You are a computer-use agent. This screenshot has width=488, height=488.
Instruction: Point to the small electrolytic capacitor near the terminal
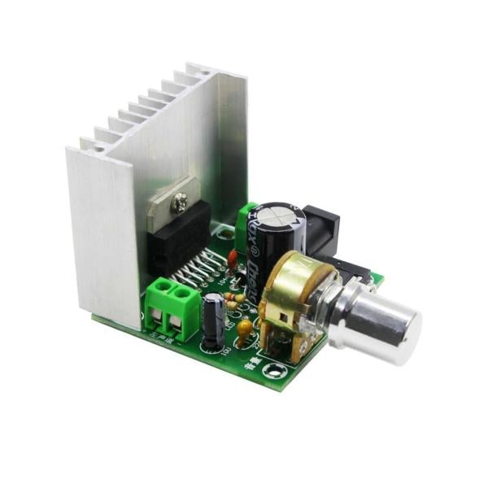click(x=214, y=321)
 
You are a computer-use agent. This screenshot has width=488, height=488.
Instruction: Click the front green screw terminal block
click(x=172, y=307)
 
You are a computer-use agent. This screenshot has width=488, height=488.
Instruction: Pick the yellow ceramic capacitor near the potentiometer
click(x=244, y=328)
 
